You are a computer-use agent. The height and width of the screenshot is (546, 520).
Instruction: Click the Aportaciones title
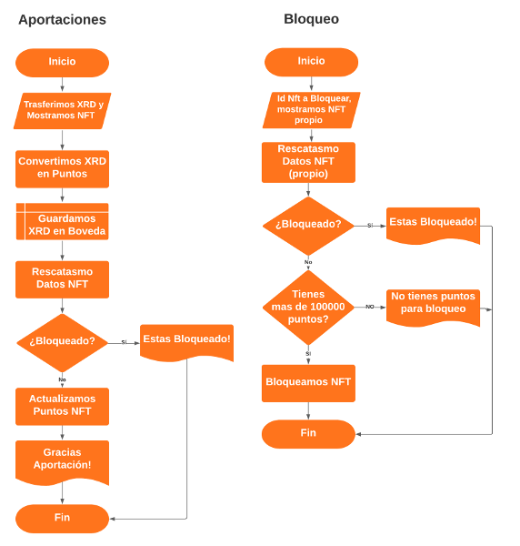click(x=62, y=20)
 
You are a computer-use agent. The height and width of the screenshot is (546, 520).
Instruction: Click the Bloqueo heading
click(x=311, y=18)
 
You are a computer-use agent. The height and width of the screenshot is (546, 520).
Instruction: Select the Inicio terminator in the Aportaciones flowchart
click(x=62, y=62)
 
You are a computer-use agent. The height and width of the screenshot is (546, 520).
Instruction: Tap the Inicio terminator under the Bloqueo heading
click(x=311, y=61)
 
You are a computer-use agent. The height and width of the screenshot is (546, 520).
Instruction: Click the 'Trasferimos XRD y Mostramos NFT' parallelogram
click(x=62, y=110)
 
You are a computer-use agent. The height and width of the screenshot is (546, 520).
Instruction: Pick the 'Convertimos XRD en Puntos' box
click(x=62, y=167)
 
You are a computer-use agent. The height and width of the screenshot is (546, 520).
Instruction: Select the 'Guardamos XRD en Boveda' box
click(x=62, y=225)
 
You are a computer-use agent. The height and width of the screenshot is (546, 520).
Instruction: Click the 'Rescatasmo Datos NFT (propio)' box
click(x=308, y=161)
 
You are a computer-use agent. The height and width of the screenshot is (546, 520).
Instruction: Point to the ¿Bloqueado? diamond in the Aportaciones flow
click(x=62, y=341)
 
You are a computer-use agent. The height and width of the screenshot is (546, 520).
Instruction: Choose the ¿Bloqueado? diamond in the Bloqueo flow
click(x=308, y=224)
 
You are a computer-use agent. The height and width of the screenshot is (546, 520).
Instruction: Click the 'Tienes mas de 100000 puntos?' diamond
click(x=308, y=307)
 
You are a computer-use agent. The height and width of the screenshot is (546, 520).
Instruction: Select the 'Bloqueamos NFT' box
click(x=308, y=382)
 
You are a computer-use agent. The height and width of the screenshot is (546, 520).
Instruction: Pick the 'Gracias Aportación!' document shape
click(x=62, y=460)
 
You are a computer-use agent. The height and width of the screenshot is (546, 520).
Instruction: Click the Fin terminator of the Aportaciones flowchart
click(x=62, y=518)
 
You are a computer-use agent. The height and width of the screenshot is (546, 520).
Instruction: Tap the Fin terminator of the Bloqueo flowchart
click(x=308, y=433)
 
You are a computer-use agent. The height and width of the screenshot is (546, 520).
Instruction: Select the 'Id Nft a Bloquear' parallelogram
click(x=312, y=109)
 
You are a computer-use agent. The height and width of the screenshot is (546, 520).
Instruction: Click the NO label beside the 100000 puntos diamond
click(x=370, y=307)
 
